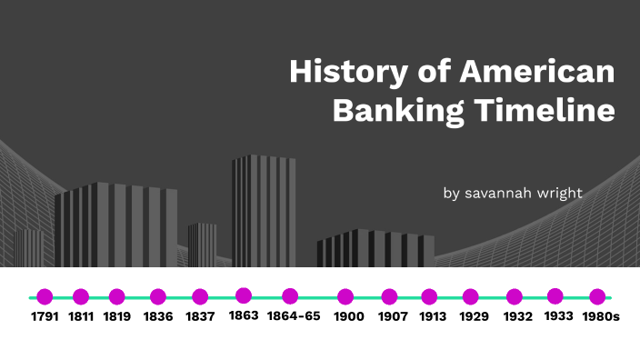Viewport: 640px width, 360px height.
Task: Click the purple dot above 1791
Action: click(x=45, y=296)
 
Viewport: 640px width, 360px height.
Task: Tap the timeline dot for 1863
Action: click(x=244, y=295)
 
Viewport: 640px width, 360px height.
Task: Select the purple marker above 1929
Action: click(x=470, y=296)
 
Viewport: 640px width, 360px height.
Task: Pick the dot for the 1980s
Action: click(x=597, y=296)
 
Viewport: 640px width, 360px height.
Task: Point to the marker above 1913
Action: click(x=429, y=296)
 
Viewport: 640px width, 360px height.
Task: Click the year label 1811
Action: click(x=81, y=317)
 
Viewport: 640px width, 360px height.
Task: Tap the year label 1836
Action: click(x=158, y=317)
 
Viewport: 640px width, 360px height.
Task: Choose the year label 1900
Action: click(x=348, y=317)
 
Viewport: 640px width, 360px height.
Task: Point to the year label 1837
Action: click(x=200, y=317)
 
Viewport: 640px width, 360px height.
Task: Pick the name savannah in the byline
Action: click(x=502, y=193)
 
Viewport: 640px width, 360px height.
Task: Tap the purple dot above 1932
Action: click(x=515, y=296)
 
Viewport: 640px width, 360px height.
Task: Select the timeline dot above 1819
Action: click(x=116, y=296)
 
